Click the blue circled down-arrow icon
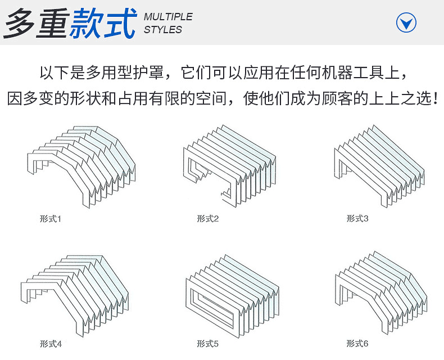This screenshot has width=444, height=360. coord(406,23)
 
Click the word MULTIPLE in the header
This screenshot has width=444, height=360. coord(168,17)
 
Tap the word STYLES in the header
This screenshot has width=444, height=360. coord(163,30)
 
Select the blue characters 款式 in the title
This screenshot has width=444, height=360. coord(102,22)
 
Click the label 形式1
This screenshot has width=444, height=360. coord(50,218)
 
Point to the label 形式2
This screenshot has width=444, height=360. coord(207,218)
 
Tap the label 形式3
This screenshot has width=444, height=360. coord(357,218)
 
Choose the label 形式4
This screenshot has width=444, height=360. coord(50,343)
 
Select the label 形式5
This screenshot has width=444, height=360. coord(207,343)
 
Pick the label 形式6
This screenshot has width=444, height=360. coord(357,343)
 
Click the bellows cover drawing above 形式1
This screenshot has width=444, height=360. coord(81,166)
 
